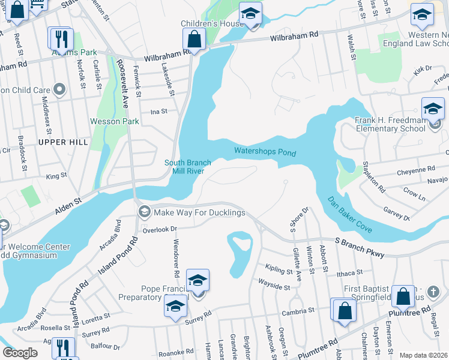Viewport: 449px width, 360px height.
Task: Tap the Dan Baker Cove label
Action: (x=350, y=215)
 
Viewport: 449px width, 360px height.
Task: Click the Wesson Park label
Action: (x=115, y=121)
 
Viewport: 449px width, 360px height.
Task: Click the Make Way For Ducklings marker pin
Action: (x=144, y=212)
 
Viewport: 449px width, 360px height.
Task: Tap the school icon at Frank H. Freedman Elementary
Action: (x=433, y=110)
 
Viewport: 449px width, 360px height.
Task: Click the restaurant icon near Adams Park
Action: (x=60, y=39)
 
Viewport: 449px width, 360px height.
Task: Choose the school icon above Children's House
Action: (x=251, y=13)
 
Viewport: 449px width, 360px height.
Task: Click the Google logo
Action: (x=20, y=353)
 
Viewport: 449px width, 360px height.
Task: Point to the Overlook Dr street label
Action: (x=160, y=229)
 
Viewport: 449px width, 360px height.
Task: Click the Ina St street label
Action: (x=158, y=111)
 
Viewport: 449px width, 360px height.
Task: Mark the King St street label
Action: (x=56, y=176)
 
